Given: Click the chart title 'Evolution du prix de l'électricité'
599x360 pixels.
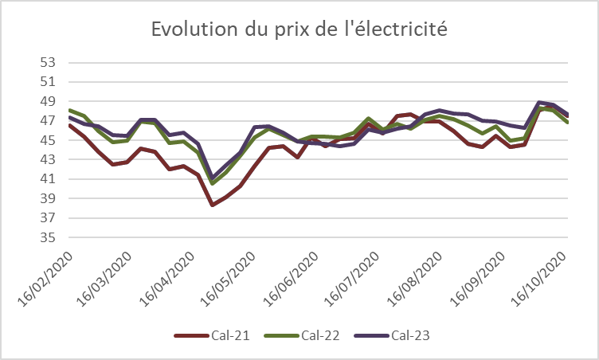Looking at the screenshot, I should point(299,30).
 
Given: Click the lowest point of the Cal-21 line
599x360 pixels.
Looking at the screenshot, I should point(213,205).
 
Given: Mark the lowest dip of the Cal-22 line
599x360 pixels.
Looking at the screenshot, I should point(213,183).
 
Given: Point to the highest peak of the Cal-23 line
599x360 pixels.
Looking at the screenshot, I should point(539,102).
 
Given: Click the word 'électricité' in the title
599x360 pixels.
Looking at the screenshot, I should point(398,30).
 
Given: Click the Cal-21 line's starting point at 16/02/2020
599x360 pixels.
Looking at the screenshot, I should point(70,125).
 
